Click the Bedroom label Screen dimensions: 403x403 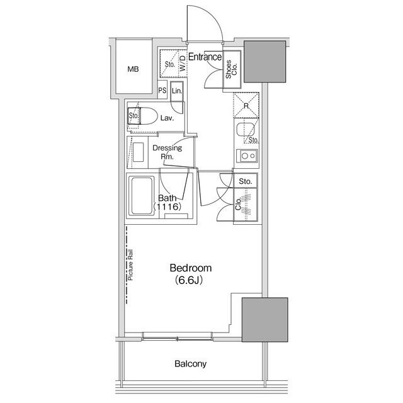(x=191, y=268)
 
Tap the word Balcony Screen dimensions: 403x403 (x=190, y=364)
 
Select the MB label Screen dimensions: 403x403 (x=133, y=69)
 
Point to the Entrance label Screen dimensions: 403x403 (x=205, y=57)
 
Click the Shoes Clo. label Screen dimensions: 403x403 (x=231, y=69)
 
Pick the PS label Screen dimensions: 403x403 (x=162, y=91)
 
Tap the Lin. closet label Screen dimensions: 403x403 (x=177, y=91)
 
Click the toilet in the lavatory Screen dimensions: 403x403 (x=143, y=116)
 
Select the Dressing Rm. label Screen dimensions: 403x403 (x=167, y=152)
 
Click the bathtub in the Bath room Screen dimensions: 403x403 (x=141, y=196)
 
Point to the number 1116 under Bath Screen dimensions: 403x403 (x=167, y=207)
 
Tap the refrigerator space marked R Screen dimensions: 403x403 (x=246, y=105)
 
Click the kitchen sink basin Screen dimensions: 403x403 (x=246, y=130)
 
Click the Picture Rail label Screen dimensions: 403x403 (x=130, y=265)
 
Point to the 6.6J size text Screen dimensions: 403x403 (x=189, y=280)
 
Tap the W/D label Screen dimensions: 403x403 (x=182, y=64)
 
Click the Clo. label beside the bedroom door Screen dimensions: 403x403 (x=238, y=203)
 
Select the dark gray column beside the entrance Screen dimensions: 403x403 (x=264, y=62)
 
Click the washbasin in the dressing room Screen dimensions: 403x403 (x=139, y=152)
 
